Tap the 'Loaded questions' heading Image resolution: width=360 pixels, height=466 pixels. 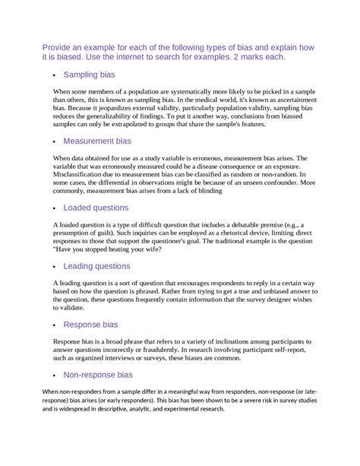click(x=96, y=207)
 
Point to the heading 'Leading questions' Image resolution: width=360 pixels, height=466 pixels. click(x=96, y=266)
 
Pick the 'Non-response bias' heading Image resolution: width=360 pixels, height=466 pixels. click(x=98, y=375)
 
